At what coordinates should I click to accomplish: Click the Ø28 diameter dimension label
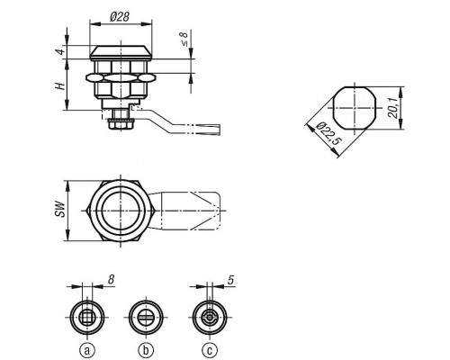(x=120, y=17)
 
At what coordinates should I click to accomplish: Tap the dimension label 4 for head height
(x=61, y=51)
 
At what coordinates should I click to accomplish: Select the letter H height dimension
(x=60, y=86)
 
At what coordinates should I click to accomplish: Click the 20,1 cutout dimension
(x=393, y=107)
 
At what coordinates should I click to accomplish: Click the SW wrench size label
(x=60, y=210)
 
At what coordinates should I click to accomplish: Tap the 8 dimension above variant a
(x=111, y=280)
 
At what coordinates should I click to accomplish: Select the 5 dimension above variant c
(x=230, y=280)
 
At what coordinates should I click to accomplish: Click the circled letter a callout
(x=87, y=350)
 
